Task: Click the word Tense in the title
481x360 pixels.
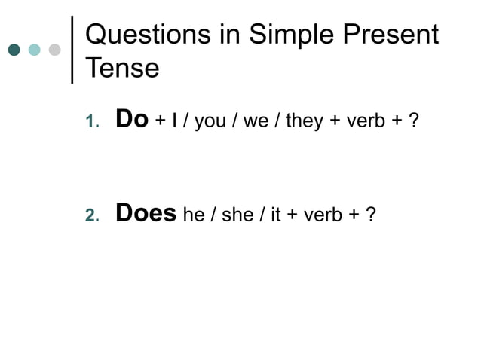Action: [122, 69]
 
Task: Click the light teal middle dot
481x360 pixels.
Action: [34, 50]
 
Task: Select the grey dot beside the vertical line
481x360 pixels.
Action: [54, 50]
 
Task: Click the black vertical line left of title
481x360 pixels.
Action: [72, 48]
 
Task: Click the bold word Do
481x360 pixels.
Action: [131, 120]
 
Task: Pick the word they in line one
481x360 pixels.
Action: [305, 121]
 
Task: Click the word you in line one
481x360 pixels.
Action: [210, 123]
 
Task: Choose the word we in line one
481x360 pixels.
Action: [256, 122]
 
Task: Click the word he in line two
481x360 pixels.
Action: [194, 215]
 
